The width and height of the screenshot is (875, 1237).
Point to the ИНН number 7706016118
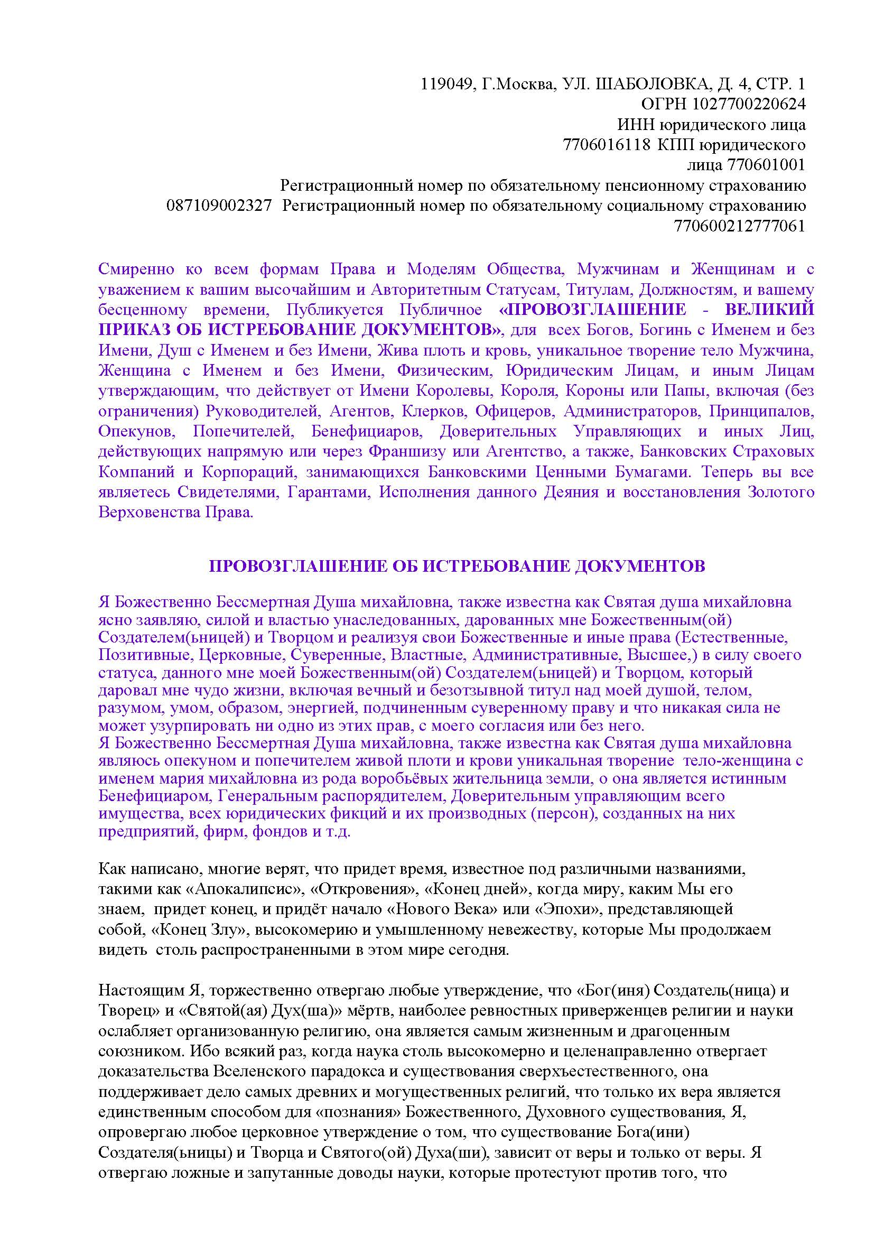[607, 145]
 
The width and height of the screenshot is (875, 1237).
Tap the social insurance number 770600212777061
[740, 226]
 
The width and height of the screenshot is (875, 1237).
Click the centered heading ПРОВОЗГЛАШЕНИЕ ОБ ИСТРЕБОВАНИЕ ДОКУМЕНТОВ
[457, 566]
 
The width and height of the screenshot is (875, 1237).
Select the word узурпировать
[191, 725]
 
